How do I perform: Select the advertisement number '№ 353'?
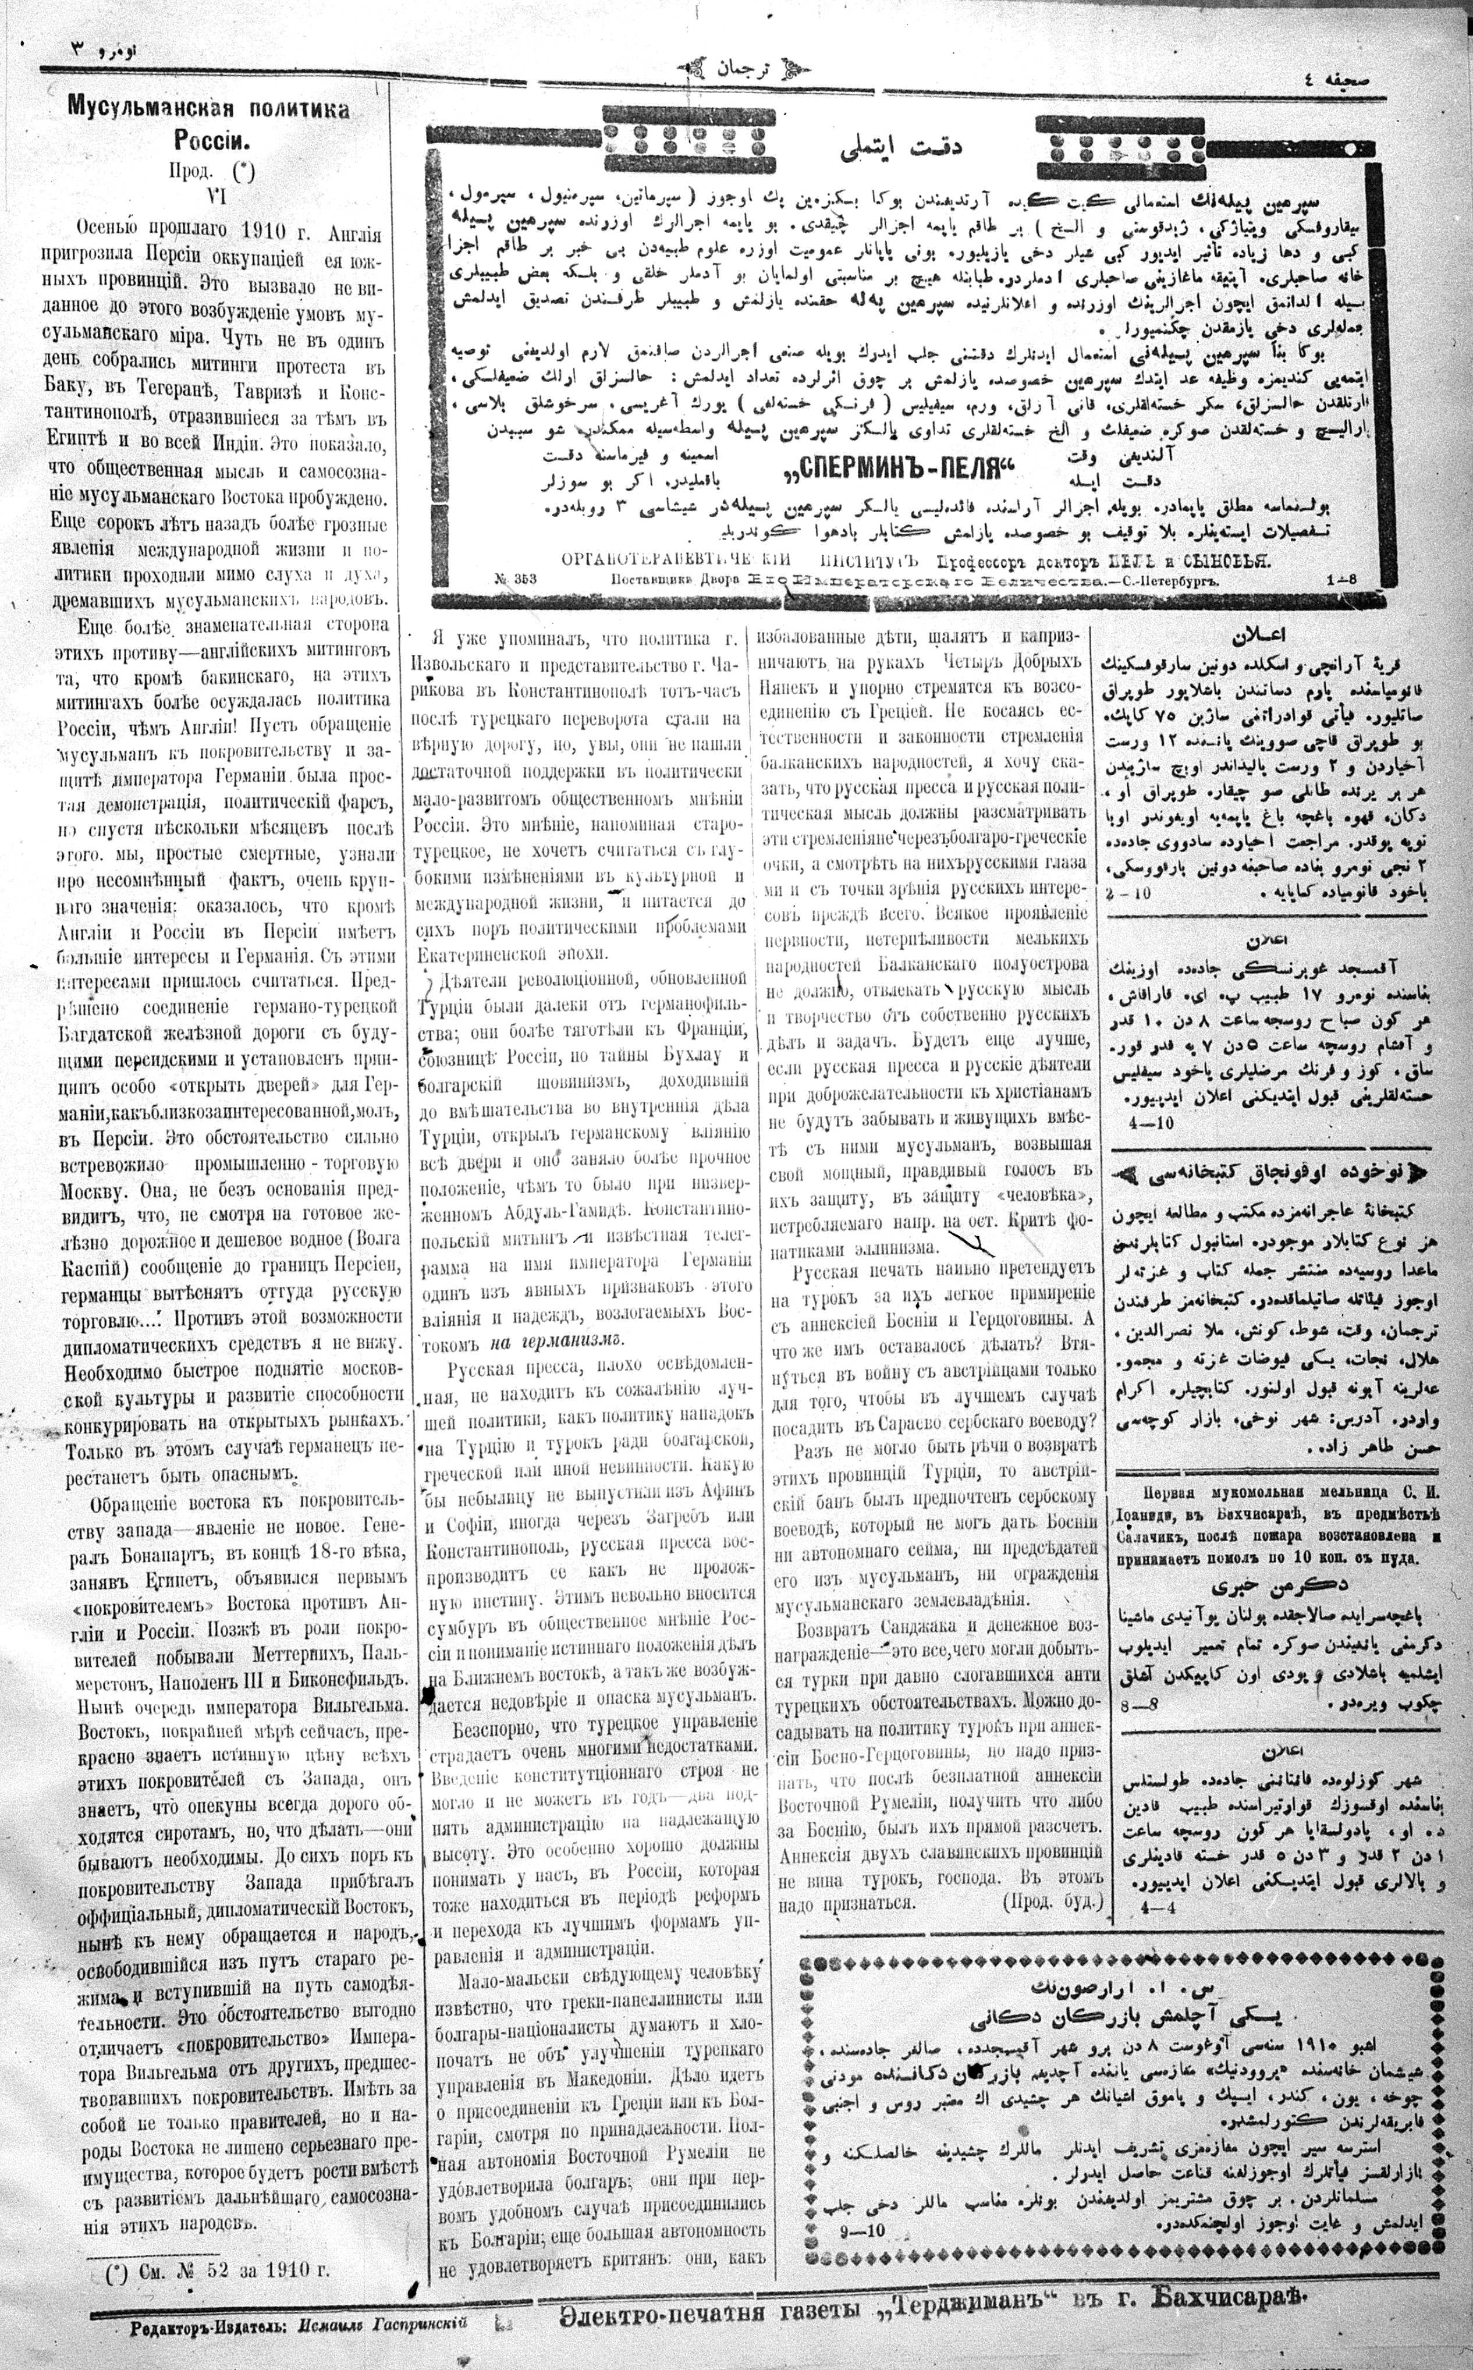[x=516, y=577]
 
